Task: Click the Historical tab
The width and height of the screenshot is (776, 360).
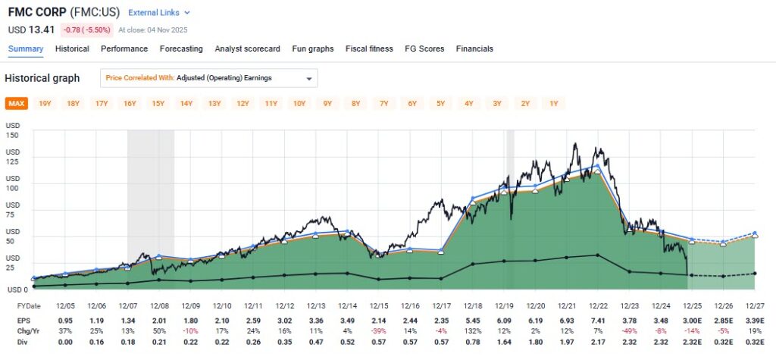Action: point(73,49)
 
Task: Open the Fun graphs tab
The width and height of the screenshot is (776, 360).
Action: point(313,49)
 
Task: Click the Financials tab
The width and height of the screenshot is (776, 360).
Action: point(474,49)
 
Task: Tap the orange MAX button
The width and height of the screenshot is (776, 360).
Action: point(16,103)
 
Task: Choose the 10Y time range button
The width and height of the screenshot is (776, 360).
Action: point(299,103)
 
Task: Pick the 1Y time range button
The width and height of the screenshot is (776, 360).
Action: point(554,103)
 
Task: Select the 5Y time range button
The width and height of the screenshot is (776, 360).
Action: point(441,103)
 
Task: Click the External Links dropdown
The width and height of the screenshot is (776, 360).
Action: point(159,13)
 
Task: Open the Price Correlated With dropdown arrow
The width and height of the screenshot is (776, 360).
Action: point(308,78)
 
